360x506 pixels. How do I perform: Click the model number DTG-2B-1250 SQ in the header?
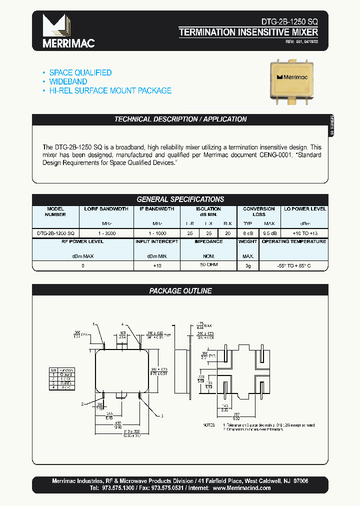click(289, 22)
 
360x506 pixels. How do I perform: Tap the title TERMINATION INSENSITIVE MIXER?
click(248, 32)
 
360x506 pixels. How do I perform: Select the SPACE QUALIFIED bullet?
click(80, 72)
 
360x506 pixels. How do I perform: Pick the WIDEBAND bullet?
click(68, 81)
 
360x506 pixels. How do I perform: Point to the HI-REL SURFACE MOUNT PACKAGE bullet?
click(110, 90)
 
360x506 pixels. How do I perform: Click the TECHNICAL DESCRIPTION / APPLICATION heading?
click(180, 119)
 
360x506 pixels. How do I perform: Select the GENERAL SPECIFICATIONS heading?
click(180, 199)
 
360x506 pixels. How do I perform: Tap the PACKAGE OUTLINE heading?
click(180, 290)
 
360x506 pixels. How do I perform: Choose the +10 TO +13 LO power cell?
click(304, 233)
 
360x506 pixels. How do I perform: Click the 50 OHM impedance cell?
click(208, 265)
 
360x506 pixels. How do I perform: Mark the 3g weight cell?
click(247, 265)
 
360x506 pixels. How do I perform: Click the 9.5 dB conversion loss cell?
click(269, 233)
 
